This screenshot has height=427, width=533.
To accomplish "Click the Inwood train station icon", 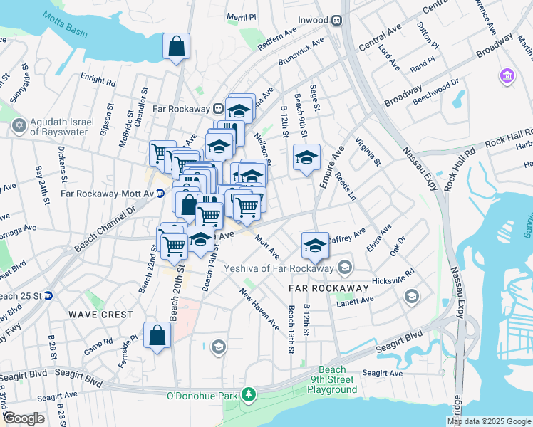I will pos(340,21).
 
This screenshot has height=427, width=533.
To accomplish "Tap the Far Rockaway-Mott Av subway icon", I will pos(160,193).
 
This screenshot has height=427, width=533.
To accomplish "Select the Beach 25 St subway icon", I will pos(48,295).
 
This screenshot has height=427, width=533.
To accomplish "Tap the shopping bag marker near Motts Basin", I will pos(176,48).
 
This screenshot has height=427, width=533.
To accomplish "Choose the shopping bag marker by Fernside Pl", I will pos(157,335).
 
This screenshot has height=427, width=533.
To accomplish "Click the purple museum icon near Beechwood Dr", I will pos(507,75).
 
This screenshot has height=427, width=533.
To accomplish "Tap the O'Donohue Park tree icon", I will pos(248,394).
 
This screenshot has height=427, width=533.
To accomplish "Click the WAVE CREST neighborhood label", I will pos(100,314).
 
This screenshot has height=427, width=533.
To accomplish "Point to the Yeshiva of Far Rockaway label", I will pos(279,268).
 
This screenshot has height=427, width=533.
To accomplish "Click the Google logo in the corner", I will pos(24,418).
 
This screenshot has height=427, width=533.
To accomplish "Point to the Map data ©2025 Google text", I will pos(488,421).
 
